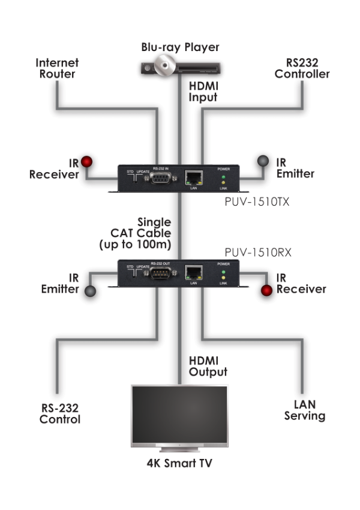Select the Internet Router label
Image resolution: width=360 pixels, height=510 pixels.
pyautogui.click(x=58, y=68)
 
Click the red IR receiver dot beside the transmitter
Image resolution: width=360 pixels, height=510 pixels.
pyautogui.click(x=88, y=161)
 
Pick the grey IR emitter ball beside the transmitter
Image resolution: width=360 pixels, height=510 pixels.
pyautogui.click(x=264, y=161)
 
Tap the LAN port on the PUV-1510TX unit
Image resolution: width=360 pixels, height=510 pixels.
pyautogui.click(x=193, y=178)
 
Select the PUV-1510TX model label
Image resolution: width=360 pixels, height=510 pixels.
pyautogui.click(x=257, y=202)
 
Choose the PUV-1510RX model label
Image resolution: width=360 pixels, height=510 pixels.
pyautogui.click(x=259, y=253)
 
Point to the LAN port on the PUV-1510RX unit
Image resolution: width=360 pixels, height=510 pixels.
pyautogui.click(x=193, y=273)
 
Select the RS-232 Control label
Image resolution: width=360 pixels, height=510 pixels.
pyautogui.click(x=60, y=414)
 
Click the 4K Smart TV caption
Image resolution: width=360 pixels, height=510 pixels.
pyautogui.click(x=179, y=463)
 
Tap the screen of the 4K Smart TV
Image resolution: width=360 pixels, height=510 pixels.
pyautogui.click(x=179, y=413)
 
